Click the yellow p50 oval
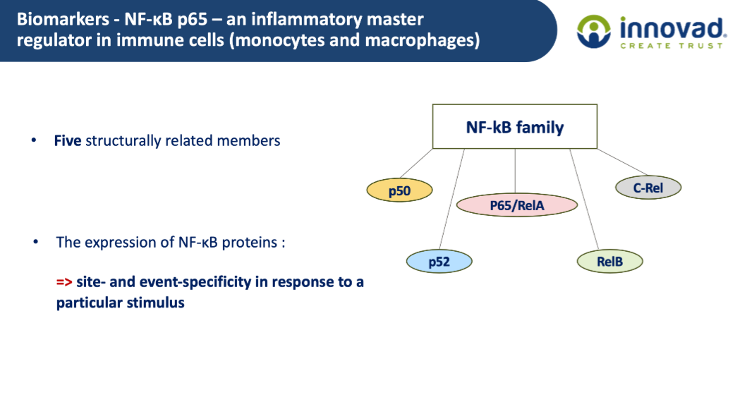pos(399,190)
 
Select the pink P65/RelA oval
pos(517,205)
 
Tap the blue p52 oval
pos(439,262)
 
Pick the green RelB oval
pos(609,262)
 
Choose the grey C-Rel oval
pos(648,188)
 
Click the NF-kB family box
pos(515,126)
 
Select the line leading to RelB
pos(584,199)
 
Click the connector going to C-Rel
pos(622,162)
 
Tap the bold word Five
pos(68,140)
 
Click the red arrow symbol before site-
pos(64,282)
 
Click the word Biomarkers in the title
pos(63,19)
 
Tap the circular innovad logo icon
pos(594,32)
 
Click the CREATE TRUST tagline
pos(671,46)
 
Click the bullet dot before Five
pos(33,140)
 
